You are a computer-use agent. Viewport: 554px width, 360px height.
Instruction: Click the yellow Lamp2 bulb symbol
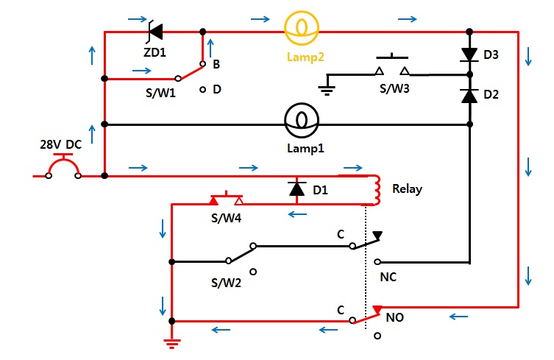pos(302,28)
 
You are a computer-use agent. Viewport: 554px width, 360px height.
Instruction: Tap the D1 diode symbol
pos(296,189)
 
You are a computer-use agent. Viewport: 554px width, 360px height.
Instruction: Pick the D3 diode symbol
pos(469,55)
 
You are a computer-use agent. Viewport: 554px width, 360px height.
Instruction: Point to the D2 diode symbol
pos(469,96)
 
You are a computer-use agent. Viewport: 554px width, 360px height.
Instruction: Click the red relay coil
pos(377,190)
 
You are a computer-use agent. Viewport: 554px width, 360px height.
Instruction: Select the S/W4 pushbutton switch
pos(227,198)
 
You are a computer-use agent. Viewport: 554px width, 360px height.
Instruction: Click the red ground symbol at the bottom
pos(172,344)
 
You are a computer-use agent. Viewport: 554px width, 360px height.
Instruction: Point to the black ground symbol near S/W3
pos(327,91)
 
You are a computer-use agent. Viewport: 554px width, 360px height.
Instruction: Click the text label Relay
pos(407,189)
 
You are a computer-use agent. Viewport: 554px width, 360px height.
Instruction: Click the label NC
pos(388,277)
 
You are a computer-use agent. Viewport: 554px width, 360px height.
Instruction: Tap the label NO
pos(394,317)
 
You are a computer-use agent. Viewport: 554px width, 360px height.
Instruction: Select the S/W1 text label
pos(160,93)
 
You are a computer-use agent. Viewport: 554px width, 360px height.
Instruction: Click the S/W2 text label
pos(226,283)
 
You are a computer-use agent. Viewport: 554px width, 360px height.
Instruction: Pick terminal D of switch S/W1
pos(202,90)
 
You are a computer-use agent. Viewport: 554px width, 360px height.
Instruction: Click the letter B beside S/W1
pos(216,64)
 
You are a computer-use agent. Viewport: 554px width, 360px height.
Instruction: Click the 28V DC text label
pos(61,144)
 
